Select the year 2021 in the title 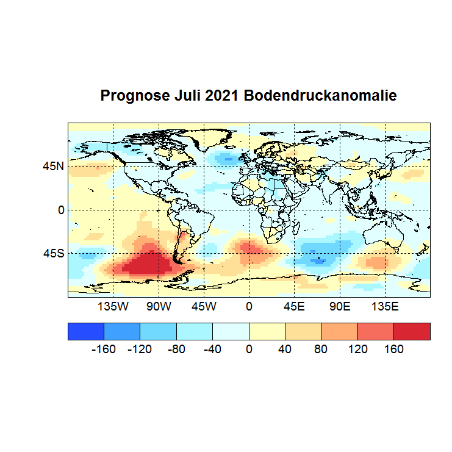pos(223,96)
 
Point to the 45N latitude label pos(52,166)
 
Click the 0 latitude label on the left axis pos(60,210)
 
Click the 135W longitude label pos(113,306)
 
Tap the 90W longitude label pos(159,306)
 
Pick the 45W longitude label pos(204,306)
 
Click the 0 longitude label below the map pos(249,306)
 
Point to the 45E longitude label pos(294,306)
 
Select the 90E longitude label pos(339,306)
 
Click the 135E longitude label pos(384,306)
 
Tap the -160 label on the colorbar pos(104,350)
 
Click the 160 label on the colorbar pos(394,350)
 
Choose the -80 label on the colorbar pos(176,350)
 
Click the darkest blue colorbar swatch pos(86,331)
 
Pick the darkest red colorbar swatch pos(412,331)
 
